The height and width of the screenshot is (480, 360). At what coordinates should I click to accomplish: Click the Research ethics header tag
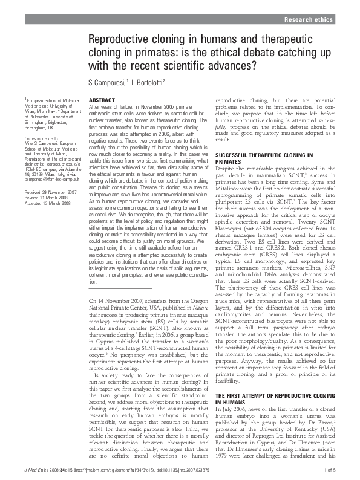(309, 20)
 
